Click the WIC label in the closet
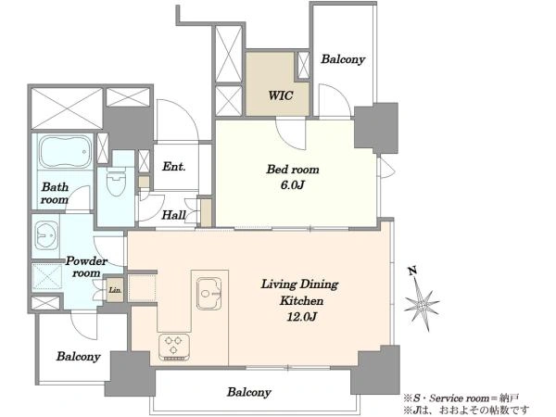(281, 95)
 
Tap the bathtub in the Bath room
(65, 152)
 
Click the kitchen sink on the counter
(209, 293)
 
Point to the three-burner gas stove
(174, 347)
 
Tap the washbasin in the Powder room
(46, 235)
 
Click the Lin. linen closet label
(115, 290)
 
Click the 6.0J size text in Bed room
(293, 184)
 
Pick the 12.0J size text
(301, 316)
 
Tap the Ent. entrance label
(174, 166)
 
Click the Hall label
(174, 215)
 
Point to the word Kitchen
(302, 300)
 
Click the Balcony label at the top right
(343, 59)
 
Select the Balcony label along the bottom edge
(249, 392)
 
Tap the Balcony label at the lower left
(79, 357)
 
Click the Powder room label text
(86, 267)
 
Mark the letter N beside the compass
(412, 271)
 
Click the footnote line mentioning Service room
(461, 398)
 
